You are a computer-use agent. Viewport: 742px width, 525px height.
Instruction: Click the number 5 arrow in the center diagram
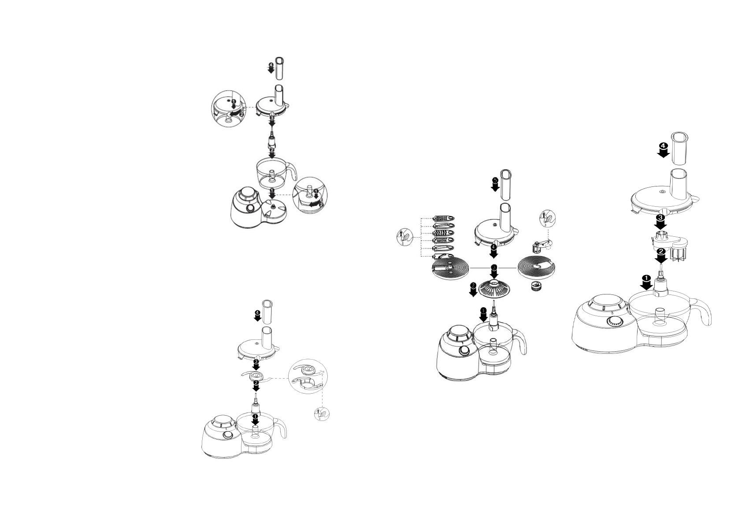tap(495, 184)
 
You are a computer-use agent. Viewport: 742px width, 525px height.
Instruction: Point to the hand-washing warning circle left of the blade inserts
tap(404, 238)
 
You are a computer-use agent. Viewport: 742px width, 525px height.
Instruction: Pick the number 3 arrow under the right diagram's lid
tap(660, 221)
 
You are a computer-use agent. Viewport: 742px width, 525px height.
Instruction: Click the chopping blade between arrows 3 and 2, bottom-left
tap(255, 375)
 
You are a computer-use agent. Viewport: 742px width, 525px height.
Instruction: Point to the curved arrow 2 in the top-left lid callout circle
tap(238, 114)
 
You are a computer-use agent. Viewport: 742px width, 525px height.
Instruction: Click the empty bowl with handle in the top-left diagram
tap(273, 175)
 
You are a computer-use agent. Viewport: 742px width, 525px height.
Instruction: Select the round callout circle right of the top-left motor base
tap(310, 197)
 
